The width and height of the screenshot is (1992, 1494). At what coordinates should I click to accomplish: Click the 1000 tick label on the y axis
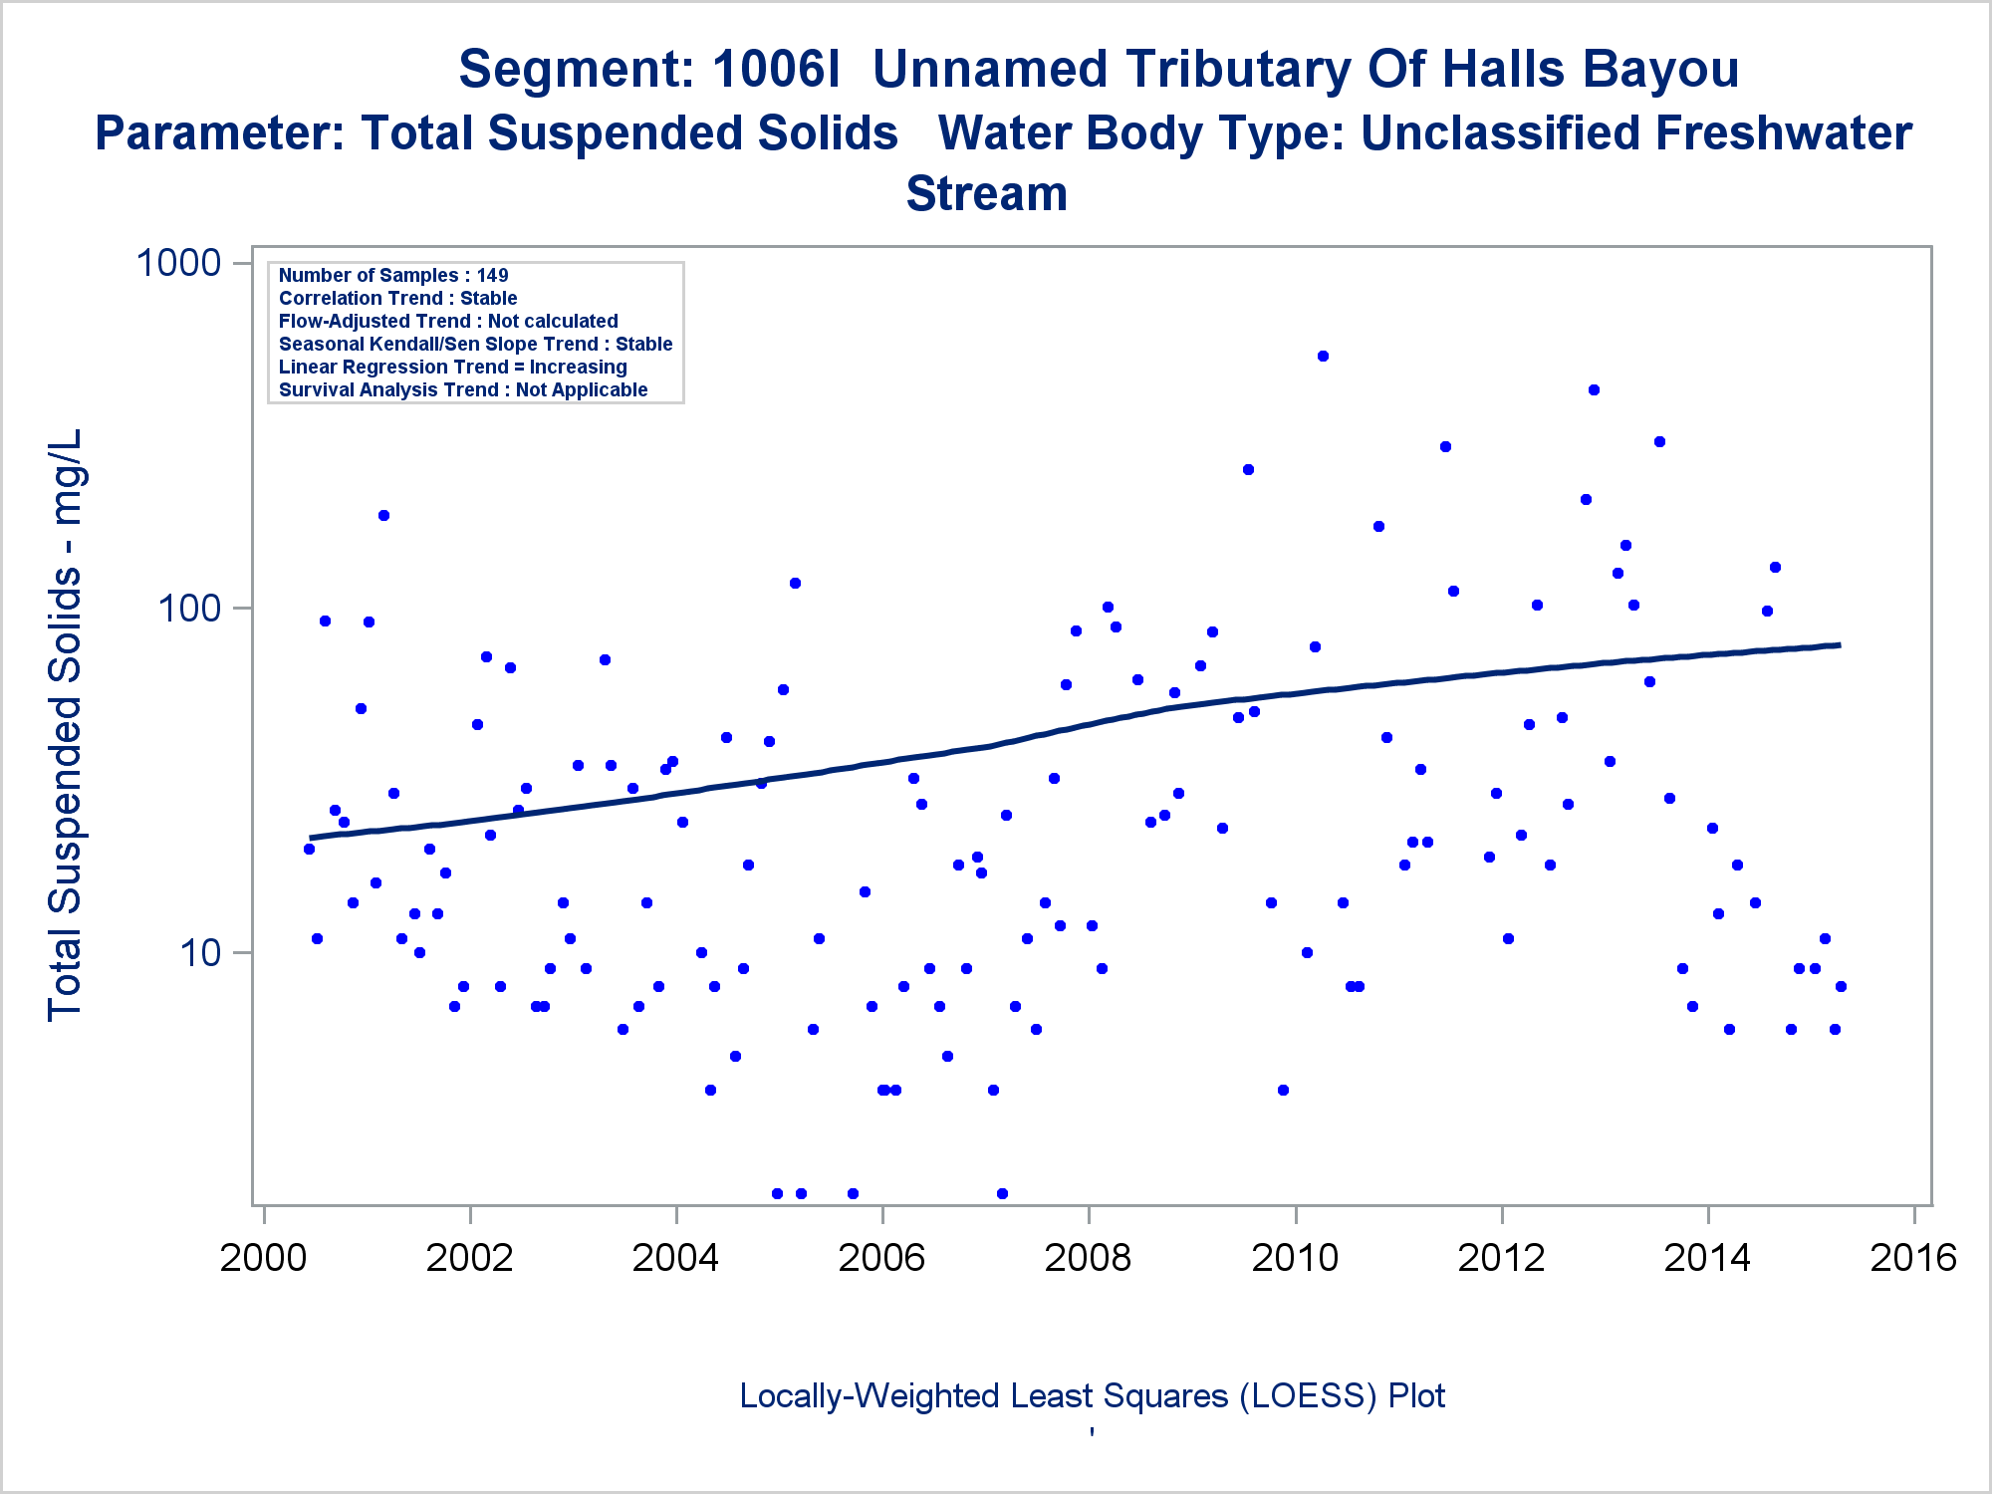click(177, 264)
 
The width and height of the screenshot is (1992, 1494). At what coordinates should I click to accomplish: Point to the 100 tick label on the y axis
click(189, 609)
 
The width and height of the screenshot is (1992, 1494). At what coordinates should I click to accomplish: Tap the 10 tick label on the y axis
click(200, 953)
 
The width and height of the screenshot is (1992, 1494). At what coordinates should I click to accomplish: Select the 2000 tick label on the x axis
click(263, 1258)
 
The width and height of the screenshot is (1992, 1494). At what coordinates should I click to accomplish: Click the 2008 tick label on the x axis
click(1088, 1258)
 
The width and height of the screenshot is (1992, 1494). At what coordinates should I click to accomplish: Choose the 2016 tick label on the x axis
click(1913, 1258)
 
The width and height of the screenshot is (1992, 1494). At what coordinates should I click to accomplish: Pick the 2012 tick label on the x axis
click(1501, 1258)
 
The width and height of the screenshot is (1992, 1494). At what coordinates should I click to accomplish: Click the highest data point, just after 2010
click(1323, 357)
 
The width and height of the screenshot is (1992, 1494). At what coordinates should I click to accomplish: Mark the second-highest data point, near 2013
click(1594, 390)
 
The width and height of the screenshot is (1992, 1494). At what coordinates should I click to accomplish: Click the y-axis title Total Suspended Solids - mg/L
click(66, 725)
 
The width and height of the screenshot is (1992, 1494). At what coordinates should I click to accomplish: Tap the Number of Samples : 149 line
click(393, 276)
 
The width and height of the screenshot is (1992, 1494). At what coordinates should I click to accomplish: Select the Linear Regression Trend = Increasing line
click(452, 368)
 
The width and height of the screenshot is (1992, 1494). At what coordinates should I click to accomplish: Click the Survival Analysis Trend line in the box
click(463, 390)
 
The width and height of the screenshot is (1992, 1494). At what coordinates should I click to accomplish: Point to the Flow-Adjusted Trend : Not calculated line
click(448, 322)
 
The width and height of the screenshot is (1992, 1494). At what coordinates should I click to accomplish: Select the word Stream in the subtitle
click(986, 194)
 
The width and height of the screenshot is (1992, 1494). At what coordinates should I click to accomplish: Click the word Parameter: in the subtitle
click(219, 133)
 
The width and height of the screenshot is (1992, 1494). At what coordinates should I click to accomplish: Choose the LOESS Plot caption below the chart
click(1092, 1396)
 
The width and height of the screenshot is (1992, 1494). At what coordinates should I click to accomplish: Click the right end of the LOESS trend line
click(1839, 645)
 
